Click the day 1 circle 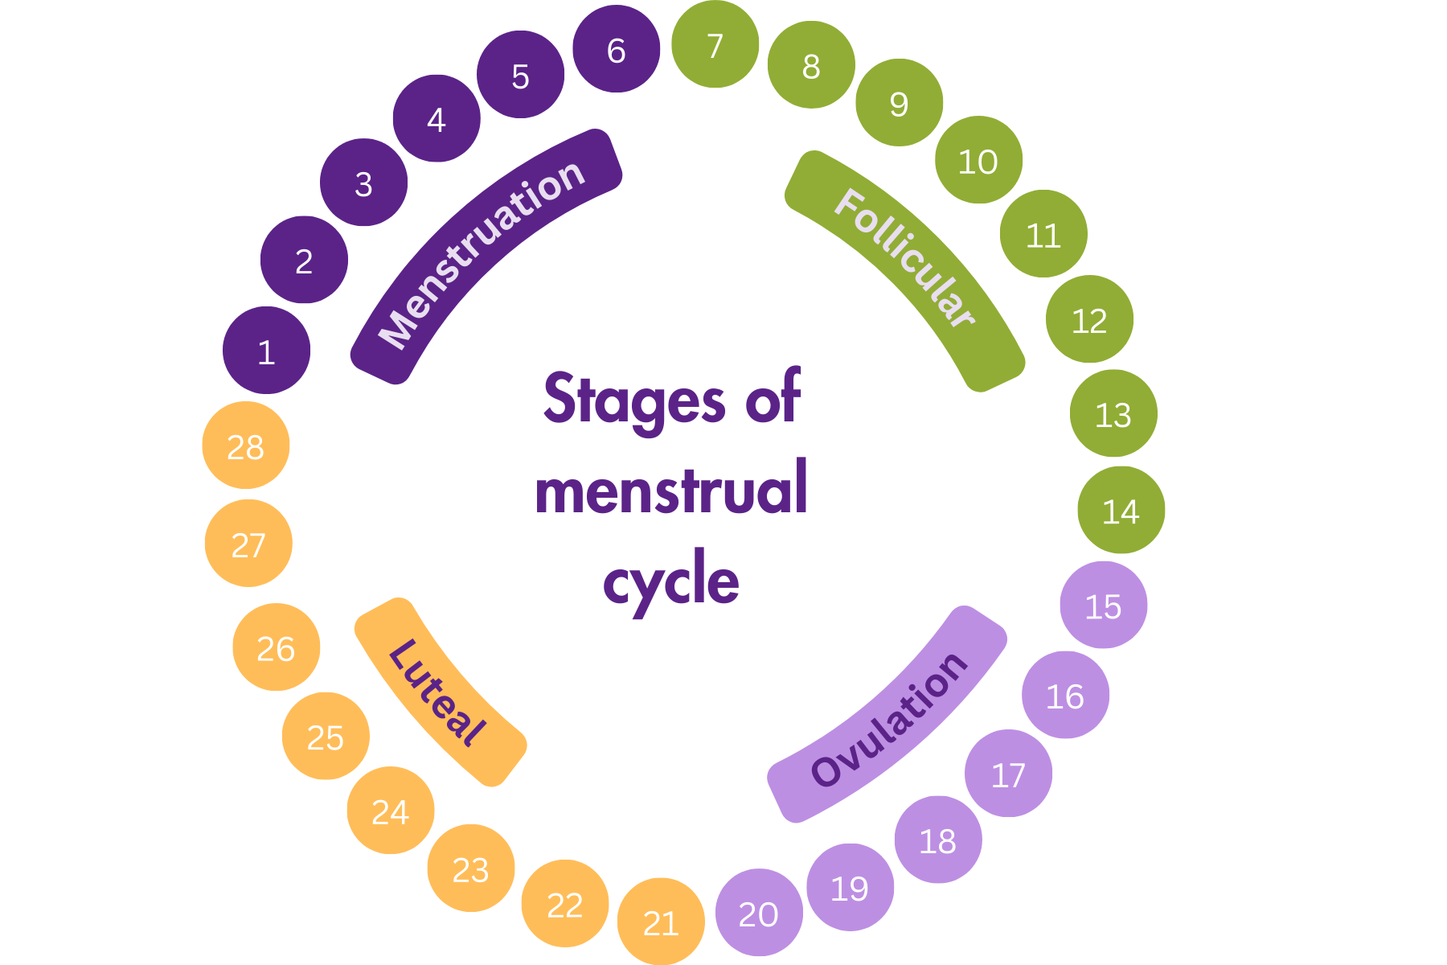coord(266,351)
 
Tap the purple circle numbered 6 coord(616,49)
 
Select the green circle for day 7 coord(715,45)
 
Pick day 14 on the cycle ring coord(1121,510)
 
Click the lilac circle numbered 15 coord(1103,605)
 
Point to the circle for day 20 coord(758,913)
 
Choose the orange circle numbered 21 coord(661,922)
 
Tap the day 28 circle coord(245,446)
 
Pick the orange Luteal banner coord(439,692)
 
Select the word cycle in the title coord(671,581)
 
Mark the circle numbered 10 coord(978,160)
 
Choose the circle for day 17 coord(1008,774)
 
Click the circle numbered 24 coord(391,811)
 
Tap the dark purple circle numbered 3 coord(363,183)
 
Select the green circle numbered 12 coord(1089,319)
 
